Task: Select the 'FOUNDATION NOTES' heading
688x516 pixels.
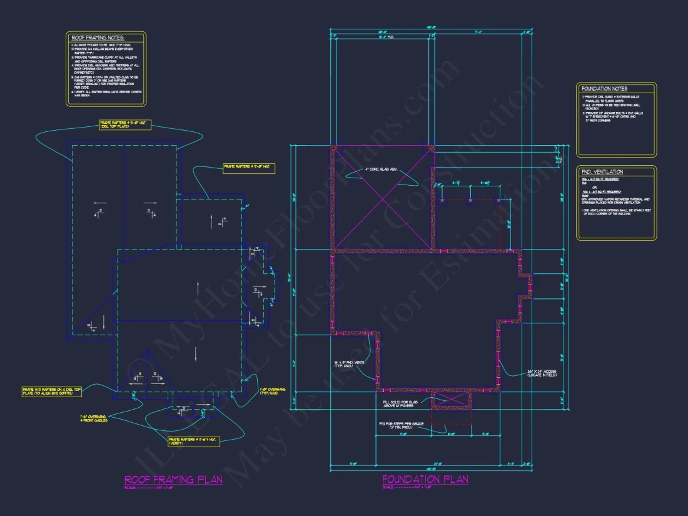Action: point(604,89)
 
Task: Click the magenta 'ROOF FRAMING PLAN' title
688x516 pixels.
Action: point(173,480)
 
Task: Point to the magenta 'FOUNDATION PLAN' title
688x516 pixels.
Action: point(425,480)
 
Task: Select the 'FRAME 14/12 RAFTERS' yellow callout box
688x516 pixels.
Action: point(51,392)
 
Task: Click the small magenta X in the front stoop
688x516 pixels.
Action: point(451,400)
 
